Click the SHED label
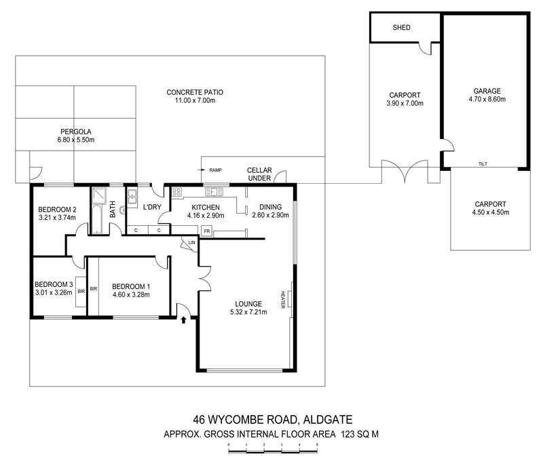pos(402,28)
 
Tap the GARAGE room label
pos(487,90)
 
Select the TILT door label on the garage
pos(483,164)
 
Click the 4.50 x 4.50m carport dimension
pos(489,212)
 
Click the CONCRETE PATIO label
pos(195,92)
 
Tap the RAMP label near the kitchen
pos(216,170)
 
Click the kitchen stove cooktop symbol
pos(179,191)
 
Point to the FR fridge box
pos(205,231)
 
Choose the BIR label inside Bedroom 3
pos(81,290)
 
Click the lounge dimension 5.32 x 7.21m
pos(248,313)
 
